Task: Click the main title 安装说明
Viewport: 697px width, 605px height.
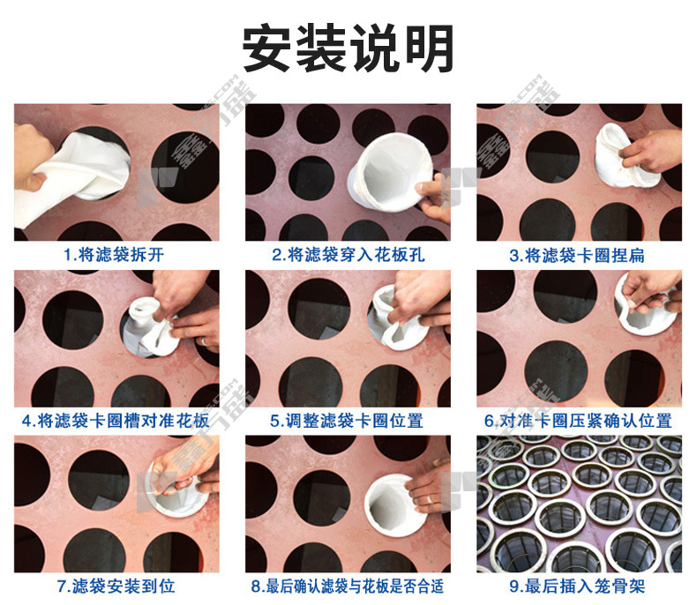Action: [348, 48]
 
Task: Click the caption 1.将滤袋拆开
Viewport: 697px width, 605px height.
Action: [113, 255]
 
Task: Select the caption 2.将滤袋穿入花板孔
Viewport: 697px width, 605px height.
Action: [348, 255]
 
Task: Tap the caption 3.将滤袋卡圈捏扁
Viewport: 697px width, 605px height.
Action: [577, 256]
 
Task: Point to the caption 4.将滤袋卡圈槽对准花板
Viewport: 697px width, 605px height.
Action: [116, 421]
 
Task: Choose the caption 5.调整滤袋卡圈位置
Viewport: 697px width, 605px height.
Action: [347, 421]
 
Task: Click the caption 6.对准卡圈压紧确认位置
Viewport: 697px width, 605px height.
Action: [578, 421]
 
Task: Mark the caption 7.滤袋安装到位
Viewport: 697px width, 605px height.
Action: [116, 586]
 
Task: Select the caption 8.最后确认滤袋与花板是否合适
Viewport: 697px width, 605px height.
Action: [348, 586]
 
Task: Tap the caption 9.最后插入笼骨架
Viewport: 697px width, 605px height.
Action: [577, 586]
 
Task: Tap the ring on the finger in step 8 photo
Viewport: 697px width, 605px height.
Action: [431, 499]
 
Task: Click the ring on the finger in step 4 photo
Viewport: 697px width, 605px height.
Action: [203, 341]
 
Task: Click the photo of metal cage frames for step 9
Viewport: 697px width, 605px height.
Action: [579, 504]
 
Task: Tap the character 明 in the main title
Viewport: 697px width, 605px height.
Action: [429, 48]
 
